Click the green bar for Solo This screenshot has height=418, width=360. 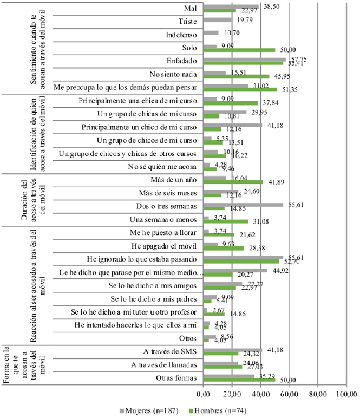pos(239,50)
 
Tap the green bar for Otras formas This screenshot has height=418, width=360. pos(239,380)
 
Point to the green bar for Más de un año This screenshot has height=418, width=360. pos(233,182)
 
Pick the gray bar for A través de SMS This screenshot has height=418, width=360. pos(233,349)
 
